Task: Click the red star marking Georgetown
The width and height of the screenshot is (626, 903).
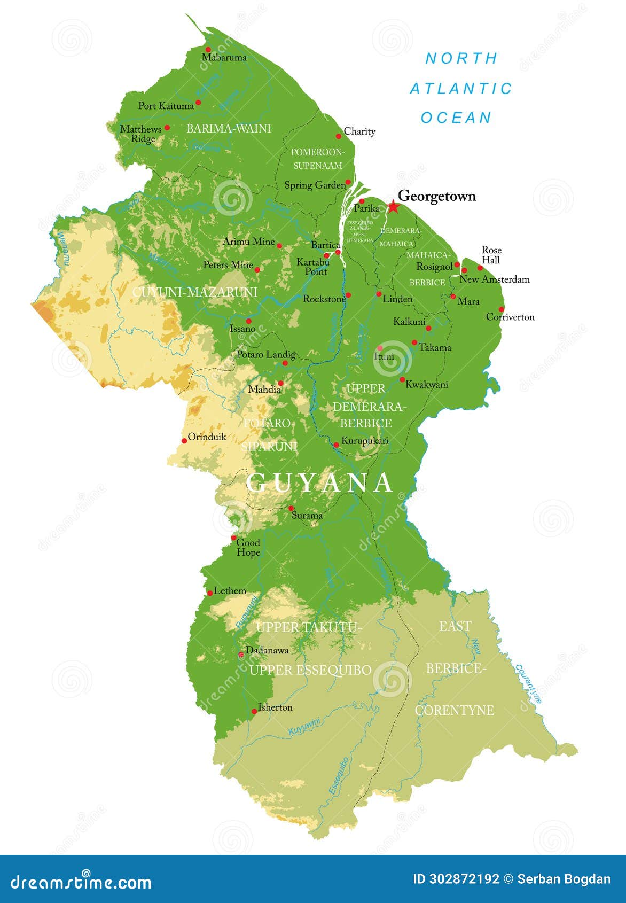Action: [393, 207]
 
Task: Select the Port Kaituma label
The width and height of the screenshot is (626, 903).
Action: [166, 106]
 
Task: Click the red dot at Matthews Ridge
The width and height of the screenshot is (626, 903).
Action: [167, 128]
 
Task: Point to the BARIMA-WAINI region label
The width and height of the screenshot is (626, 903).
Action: [229, 128]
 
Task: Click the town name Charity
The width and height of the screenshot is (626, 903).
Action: [359, 131]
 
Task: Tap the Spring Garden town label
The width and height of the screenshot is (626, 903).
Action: [315, 185]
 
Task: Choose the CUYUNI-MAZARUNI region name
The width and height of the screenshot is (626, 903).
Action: [194, 292]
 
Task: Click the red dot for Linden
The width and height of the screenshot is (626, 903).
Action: [379, 294]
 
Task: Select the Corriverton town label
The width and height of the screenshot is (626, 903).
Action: [510, 317]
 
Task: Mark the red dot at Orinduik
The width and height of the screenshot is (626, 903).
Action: [185, 441]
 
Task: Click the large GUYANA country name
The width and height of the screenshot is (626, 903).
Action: [320, 483]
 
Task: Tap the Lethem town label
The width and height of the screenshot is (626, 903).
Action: [230, 591]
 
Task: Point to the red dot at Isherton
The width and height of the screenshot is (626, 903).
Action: [254, 712]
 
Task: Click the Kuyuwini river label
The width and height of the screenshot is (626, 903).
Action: [304, 727]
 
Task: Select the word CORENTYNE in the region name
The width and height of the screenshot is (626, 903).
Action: [454, 710]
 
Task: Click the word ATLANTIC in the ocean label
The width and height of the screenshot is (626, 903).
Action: [460, 89]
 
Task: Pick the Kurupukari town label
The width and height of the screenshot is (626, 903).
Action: [364, 441]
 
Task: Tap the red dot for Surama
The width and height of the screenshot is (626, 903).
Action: [291, 508]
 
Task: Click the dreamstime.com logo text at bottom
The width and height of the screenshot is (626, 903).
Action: [81, 882]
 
